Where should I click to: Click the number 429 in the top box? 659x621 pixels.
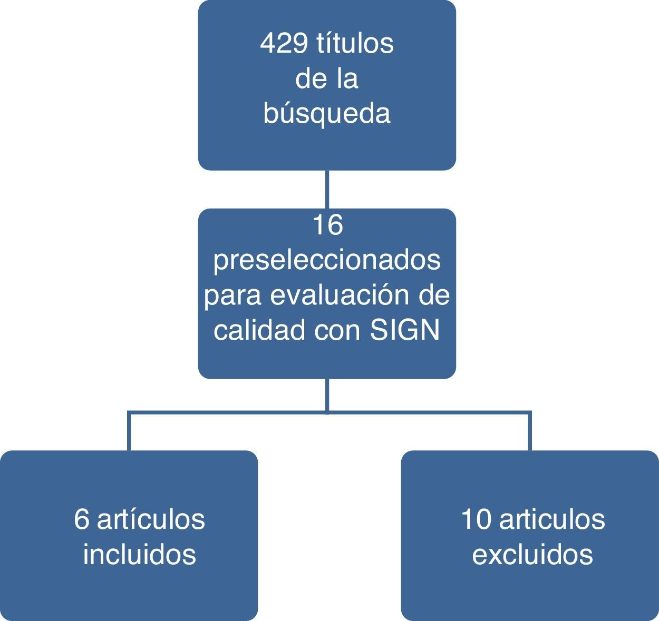click(x=284, y=44)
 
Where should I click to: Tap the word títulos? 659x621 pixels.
click(x=354, y=44)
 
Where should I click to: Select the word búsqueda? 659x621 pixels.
click(x=327, y=113)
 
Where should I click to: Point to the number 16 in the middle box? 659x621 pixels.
click(x=327, y=225)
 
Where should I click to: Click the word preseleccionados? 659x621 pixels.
click(x=327, y=260)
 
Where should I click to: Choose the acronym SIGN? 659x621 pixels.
click(x=405, y=330)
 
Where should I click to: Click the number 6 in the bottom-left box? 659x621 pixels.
click(x=82, y=519)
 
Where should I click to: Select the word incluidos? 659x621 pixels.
click(x=140, y=554)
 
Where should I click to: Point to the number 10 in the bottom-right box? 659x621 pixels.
click(x=476, y=519)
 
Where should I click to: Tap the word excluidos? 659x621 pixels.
click(x=532, y=554)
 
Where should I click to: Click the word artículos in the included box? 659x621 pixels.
click(x=151, y=519)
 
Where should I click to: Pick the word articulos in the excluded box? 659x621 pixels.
click(x=552, y=519)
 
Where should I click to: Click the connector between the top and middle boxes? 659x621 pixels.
click(x=327, y=189)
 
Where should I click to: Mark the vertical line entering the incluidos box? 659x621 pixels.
click(x=129, y=432)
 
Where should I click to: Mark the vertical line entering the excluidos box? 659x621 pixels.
click(x=530, y=432)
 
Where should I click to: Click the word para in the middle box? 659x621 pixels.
click(x=232, y=296)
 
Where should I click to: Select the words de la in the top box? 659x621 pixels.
click(x=327, y=79)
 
